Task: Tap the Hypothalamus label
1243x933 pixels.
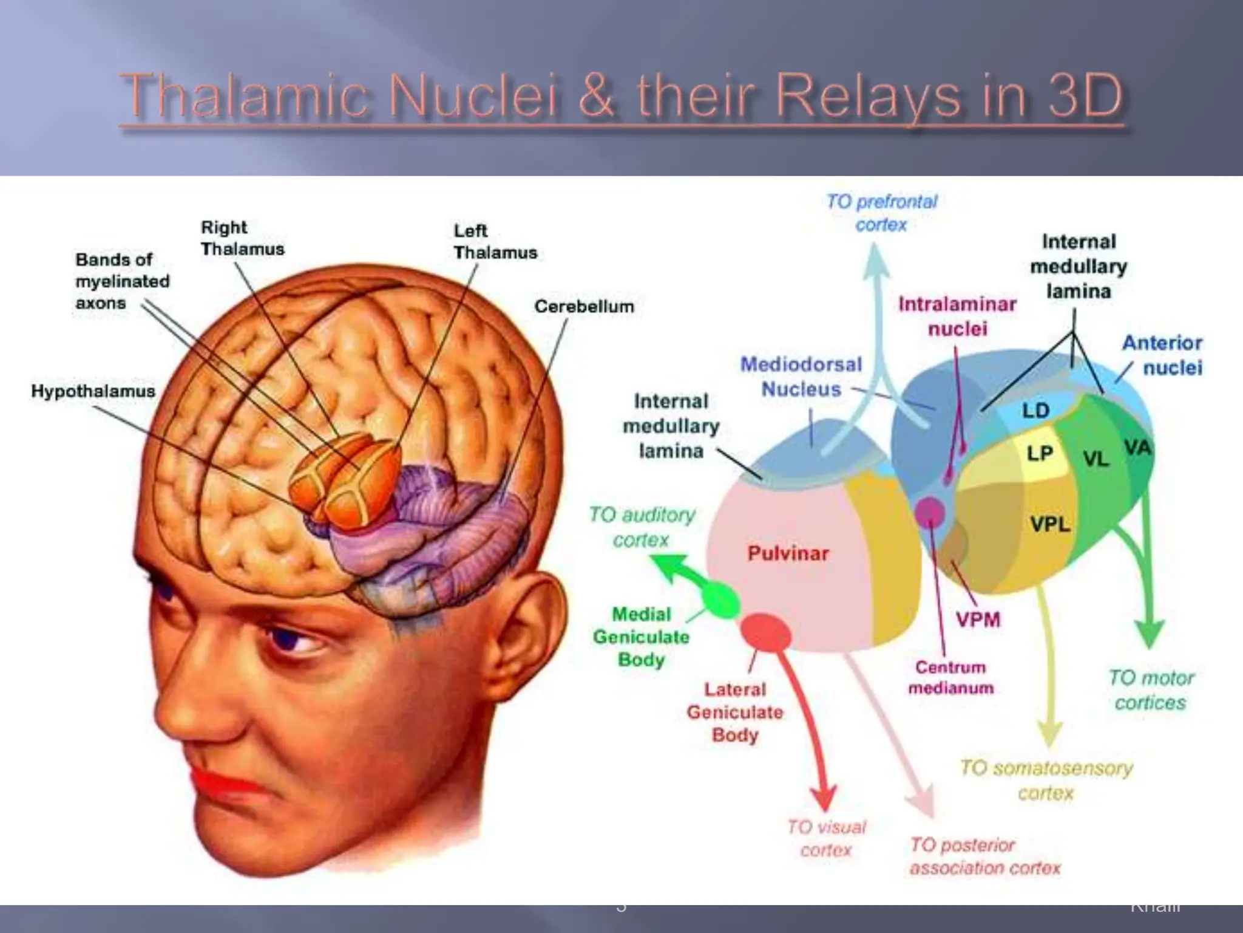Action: (x=93, y=391)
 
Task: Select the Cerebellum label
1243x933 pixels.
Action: (x=584, y=307)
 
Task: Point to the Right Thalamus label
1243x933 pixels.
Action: (x=242, y=238)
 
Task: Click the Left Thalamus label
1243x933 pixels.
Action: (x=495, y=242)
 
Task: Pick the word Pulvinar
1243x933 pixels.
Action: (x=788, y=553)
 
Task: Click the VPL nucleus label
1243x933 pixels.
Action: (x=1049, y=524)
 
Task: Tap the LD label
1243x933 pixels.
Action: (x=1035, y=411)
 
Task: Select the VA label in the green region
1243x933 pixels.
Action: (x=1137, y=448)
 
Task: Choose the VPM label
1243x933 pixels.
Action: (x=978, y=620)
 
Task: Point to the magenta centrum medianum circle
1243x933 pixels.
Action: (x=930, y=512)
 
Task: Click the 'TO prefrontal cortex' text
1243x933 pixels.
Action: (x=881, y=213)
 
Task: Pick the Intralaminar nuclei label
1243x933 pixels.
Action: (x=957, y=316)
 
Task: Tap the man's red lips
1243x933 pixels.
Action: (x=225, y=784)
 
